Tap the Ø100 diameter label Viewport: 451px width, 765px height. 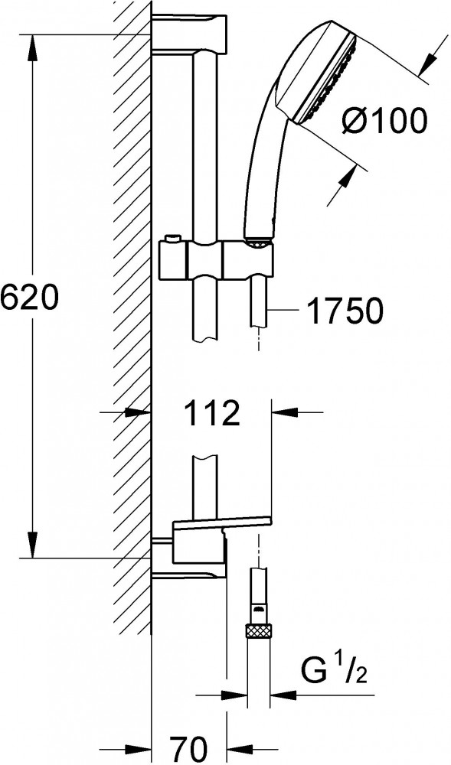point(383,121)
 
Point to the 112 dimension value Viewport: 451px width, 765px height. point(212,413)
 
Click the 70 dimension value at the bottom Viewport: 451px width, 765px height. point(189,747)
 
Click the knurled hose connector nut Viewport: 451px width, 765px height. point(259,630)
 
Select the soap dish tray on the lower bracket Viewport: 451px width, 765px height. point(221,522)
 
